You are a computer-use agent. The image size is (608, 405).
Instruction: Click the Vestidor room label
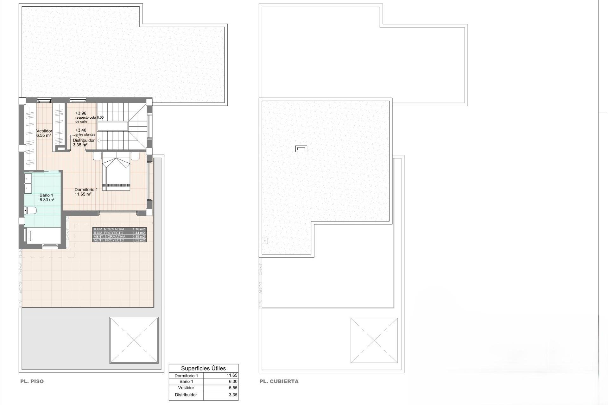tap(44, 131)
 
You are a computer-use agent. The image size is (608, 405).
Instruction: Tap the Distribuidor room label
tap(84, 140)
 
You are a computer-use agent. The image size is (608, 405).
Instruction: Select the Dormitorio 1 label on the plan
tap(86, 190)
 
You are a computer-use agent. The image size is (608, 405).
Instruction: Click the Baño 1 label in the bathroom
tap(46, 195)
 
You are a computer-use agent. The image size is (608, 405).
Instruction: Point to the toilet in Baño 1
tap(30, 210)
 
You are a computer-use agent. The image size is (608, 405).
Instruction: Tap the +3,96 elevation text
tap(81, 113)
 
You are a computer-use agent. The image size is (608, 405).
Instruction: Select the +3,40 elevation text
tap(81, 130)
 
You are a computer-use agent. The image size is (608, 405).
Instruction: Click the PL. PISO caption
tap(32, 382)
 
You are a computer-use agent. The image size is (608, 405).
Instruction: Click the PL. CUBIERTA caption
tap(279, 382)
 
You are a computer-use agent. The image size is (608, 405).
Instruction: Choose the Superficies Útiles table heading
tap(203, 368)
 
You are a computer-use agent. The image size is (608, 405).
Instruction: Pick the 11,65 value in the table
tap(232, 376)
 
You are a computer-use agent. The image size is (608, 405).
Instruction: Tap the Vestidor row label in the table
tap(186, 388)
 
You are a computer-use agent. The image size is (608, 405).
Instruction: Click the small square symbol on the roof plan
tap(265, 241)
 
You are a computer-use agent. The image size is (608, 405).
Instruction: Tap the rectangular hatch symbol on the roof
tap(301, 149)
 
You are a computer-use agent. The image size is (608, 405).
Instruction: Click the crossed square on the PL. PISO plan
tap(134, 340)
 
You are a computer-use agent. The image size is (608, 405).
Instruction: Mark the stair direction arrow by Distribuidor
tap(98, 140)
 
